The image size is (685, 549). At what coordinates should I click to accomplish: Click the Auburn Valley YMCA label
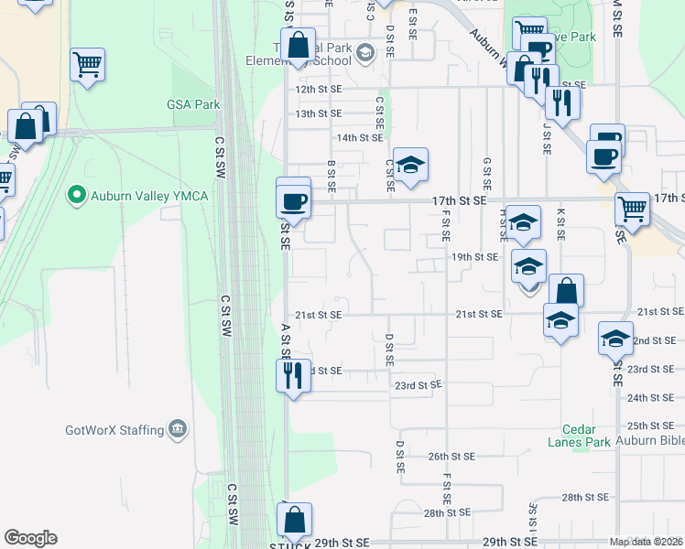pos(149,196)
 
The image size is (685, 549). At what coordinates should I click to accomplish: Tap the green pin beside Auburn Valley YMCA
pos(77,196)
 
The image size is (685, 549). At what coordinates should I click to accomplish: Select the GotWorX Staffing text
pos(114,429)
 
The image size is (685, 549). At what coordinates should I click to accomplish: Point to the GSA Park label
pos(193,104)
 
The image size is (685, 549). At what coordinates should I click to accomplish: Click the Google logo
pos(30,538)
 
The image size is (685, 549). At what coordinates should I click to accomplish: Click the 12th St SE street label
pos(319,90)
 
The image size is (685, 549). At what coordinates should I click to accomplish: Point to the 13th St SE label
pos(319,113)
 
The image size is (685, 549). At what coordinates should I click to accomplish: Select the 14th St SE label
pos(359,137)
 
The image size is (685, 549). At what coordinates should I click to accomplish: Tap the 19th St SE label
pos(474,257)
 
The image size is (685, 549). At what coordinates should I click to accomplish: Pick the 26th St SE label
pos(451,456)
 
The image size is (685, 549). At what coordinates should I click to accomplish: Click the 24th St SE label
pos(651,397)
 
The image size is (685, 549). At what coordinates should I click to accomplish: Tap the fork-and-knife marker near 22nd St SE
pos(293,374)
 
